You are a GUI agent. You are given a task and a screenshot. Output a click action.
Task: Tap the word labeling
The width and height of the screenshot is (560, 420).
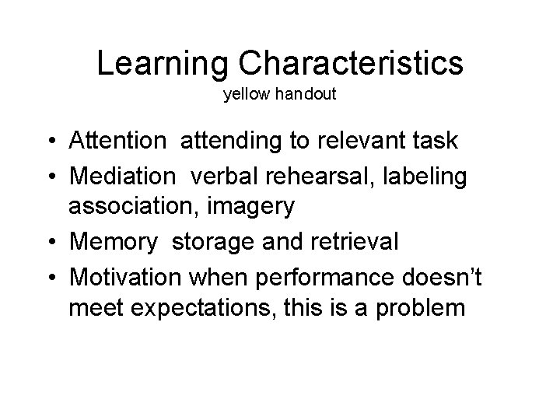pos(432,177)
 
